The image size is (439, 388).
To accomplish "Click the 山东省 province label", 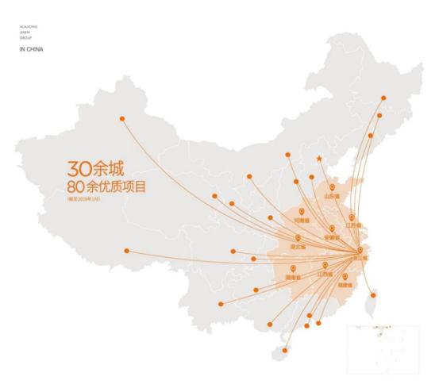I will tap(331, 195).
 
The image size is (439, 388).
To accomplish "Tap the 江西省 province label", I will tap(325, 274).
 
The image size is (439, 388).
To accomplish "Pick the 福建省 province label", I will tap(345, 283).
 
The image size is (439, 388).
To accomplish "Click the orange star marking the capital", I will tap(319, 159).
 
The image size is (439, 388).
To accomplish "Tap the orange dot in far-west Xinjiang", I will tap(122, 119).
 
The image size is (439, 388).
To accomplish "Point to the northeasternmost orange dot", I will tap(383, 98).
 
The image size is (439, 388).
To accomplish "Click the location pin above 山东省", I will tap(332, 187).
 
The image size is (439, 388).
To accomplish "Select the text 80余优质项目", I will tap(112, 187).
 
